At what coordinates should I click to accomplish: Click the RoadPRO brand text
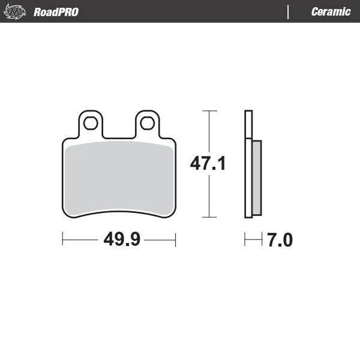56,11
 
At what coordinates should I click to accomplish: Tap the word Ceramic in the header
331,11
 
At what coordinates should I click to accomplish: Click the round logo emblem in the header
16,11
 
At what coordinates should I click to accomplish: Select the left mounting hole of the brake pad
91,124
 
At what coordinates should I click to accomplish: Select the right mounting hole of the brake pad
146,124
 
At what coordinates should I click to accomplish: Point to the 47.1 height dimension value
208,163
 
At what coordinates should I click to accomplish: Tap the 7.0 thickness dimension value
280,241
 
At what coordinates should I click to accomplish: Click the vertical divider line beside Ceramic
289,11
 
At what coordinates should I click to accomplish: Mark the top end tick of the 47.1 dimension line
208,111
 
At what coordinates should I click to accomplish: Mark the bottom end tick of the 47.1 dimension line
208,217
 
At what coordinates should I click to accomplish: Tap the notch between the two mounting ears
119,136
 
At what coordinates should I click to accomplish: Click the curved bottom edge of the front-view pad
119,211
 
